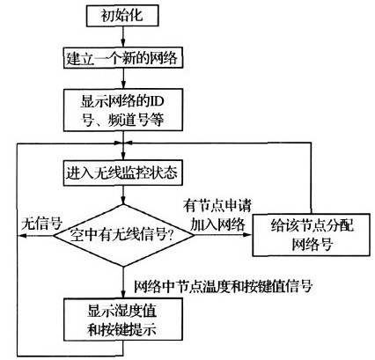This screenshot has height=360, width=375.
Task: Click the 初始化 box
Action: point(122,15)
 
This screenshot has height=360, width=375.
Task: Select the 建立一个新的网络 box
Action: point(123,58)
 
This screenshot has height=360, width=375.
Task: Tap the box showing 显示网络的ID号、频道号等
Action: point(123,109)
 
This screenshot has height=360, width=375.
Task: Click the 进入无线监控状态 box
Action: point(123,173)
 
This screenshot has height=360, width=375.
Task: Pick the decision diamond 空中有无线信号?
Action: point(123,235)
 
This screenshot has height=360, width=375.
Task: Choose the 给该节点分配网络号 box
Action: point(311,235)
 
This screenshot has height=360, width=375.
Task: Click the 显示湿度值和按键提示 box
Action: point(123,320)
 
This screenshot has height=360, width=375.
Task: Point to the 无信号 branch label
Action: point(42,224)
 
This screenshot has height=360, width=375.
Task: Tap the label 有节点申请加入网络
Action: point(217,215)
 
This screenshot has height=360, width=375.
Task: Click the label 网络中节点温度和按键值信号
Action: point(224,285)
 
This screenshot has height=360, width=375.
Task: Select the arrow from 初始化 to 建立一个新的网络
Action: point(123,37)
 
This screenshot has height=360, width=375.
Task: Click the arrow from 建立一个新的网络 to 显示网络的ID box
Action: point(123,78)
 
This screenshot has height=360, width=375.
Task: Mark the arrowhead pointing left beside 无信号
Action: point(22,235)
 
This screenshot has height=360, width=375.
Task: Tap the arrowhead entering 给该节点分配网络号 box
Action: point(248,235)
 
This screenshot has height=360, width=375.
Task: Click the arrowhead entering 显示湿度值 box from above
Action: point(123,294)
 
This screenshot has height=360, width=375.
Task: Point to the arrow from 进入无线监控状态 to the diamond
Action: point(123,195)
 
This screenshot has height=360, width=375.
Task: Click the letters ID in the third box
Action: point(157,101)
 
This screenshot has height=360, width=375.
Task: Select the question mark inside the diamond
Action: point(171,235)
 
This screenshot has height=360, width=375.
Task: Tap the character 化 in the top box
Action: point(136,15)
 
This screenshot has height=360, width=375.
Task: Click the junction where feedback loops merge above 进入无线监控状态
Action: point(123,143)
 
